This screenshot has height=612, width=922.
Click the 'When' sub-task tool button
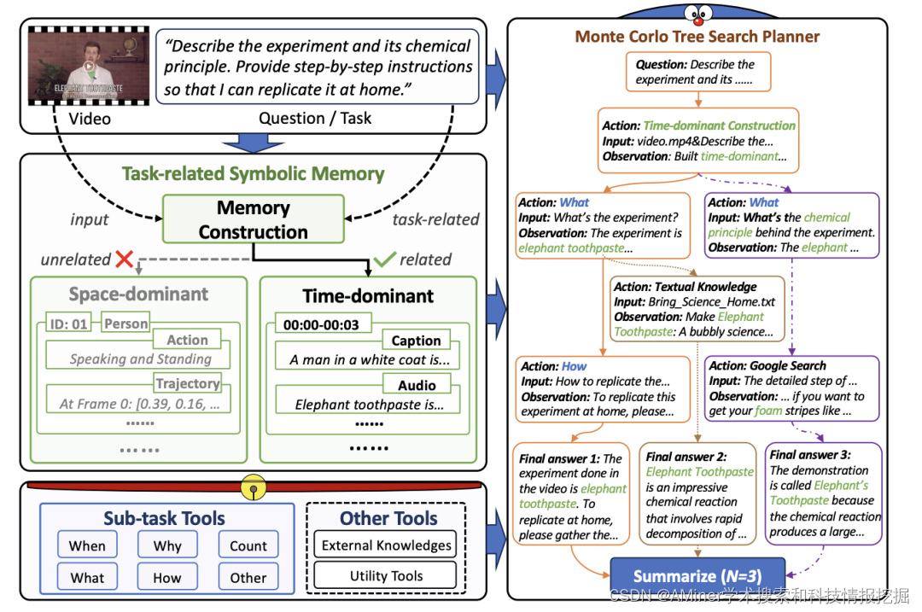point(87,545)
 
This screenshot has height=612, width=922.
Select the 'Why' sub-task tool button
point(167,545)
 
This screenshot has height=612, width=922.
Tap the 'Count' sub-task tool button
point(248,545)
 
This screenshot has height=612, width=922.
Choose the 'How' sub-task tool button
point(167,577)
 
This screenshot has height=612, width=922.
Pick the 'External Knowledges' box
point(386,545)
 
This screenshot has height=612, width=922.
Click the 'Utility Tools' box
point(386,575)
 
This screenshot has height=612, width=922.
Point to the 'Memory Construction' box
point(254,219)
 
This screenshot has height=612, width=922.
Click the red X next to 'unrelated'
point(125,259)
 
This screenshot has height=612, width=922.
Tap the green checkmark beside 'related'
point(384,259)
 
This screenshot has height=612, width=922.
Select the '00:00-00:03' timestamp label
point(323,324)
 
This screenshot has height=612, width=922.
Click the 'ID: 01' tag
point(68,323)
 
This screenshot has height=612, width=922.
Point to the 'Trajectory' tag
point(188,383)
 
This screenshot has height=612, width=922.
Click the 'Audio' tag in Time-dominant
point(417,385)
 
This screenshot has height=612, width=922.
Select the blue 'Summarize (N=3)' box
point(697,574)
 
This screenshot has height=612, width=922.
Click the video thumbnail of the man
point(89,66)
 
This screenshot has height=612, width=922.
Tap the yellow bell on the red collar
point(254,487)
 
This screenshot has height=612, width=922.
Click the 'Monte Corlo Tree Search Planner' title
point(697,37)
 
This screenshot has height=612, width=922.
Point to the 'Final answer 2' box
point(697,494)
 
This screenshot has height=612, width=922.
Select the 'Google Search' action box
point(792,388)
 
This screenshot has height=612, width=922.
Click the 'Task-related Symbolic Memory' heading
point(254,173)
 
